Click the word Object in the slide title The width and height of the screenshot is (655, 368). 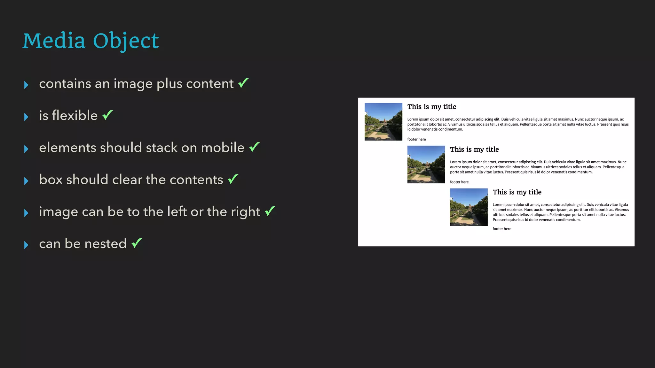click(126, 41)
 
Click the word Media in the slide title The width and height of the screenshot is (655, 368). click(54, 41)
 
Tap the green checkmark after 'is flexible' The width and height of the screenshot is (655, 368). click(108, 115)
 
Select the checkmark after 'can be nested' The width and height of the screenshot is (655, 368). click(137, 243)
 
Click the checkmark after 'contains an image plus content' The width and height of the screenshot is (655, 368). click(243, 83)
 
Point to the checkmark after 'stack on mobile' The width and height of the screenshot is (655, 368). click(255, 147)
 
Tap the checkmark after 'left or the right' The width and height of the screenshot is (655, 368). click(270, 211)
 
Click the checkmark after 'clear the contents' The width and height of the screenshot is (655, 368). click(233, 179)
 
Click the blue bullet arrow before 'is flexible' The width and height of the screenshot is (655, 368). click(26, 117)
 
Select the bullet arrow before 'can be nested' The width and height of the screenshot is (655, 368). click(26, 245)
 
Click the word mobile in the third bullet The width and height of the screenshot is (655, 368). click(223, 148)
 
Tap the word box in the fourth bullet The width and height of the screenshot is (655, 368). click(51, 180)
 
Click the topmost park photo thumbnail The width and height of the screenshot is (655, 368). click(383, 122)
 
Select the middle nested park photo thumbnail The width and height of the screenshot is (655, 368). click(426, 165)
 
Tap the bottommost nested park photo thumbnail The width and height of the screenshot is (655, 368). click(469, 207)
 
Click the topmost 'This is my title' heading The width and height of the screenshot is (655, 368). click(431, 107)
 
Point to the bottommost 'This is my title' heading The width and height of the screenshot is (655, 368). click(517, 192)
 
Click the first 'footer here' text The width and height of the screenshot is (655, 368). click(416, 139)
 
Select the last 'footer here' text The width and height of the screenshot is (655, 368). click(502, 229)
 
